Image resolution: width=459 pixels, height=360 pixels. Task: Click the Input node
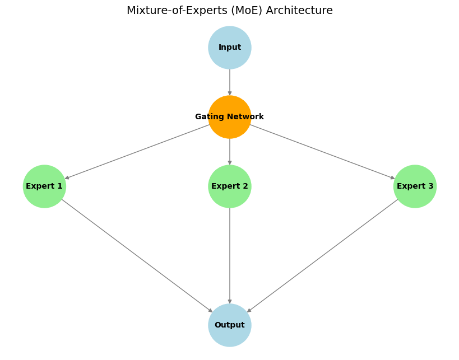[230, 48]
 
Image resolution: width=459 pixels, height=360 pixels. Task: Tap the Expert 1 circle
[44, 186]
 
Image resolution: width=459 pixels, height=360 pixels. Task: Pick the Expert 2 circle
[230, 186]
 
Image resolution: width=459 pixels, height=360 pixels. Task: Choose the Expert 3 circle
[415, 186]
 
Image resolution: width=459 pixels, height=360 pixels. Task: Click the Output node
[230, 325]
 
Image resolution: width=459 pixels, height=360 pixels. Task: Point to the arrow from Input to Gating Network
[230, 82]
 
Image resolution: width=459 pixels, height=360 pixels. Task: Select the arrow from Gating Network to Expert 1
[137, 152]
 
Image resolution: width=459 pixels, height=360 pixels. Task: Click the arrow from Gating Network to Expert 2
[230, 152]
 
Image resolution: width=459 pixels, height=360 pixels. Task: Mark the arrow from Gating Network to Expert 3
[322, 152]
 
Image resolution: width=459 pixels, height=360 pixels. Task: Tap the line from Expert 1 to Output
[137, 256]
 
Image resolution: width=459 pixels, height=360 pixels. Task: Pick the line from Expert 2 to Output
[230, 256]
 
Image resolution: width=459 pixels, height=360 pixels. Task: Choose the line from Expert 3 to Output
[322, 256]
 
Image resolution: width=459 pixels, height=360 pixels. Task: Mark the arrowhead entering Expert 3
[393, 178]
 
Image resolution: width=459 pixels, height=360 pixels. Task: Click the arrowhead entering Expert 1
[67, 178]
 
